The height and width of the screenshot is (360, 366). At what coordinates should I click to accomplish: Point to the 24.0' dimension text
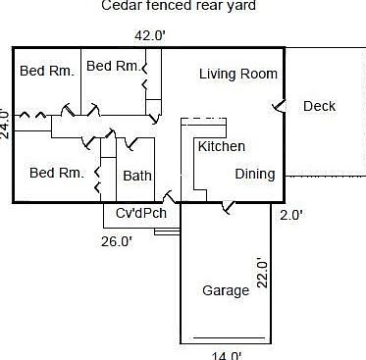coord(5,125)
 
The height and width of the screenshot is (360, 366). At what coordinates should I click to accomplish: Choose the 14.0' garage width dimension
coord(227,354)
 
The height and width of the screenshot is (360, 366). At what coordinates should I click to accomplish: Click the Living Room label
coord(237,74)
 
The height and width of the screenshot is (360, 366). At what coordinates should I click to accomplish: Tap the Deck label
coord(319,106)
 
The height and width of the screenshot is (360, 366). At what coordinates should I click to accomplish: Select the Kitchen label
coord(221,146)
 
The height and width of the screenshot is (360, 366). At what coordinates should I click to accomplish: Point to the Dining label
coord(254,174)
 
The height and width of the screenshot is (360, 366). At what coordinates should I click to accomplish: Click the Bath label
coord(136,176)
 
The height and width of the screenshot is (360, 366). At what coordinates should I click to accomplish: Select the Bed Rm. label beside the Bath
coord(56,173)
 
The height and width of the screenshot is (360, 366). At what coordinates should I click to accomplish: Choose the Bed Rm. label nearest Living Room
coord(113,66)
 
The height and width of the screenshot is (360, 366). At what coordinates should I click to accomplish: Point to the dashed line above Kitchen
coord(203,118)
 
